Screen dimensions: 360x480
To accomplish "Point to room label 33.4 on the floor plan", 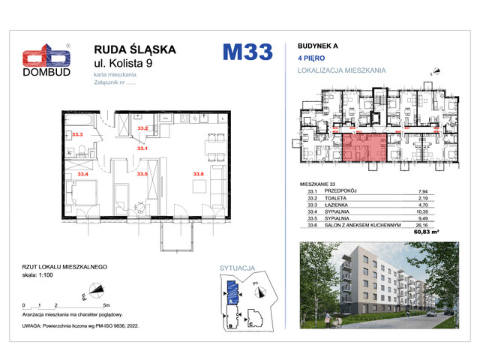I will click(x=82, y=173).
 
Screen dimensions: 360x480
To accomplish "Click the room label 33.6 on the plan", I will click(x=198, y=173).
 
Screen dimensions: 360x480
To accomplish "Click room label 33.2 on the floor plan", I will click(x=142, y=129).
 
